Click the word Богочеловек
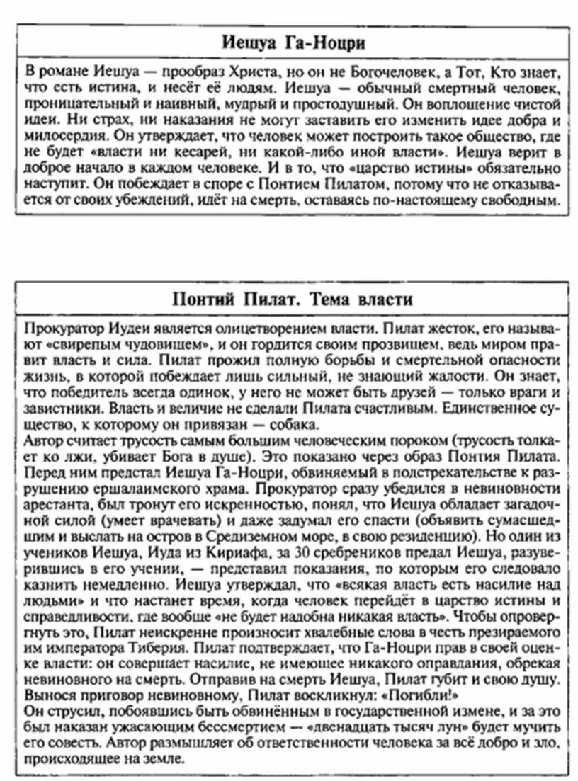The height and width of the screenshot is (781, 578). tap(378, 73)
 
